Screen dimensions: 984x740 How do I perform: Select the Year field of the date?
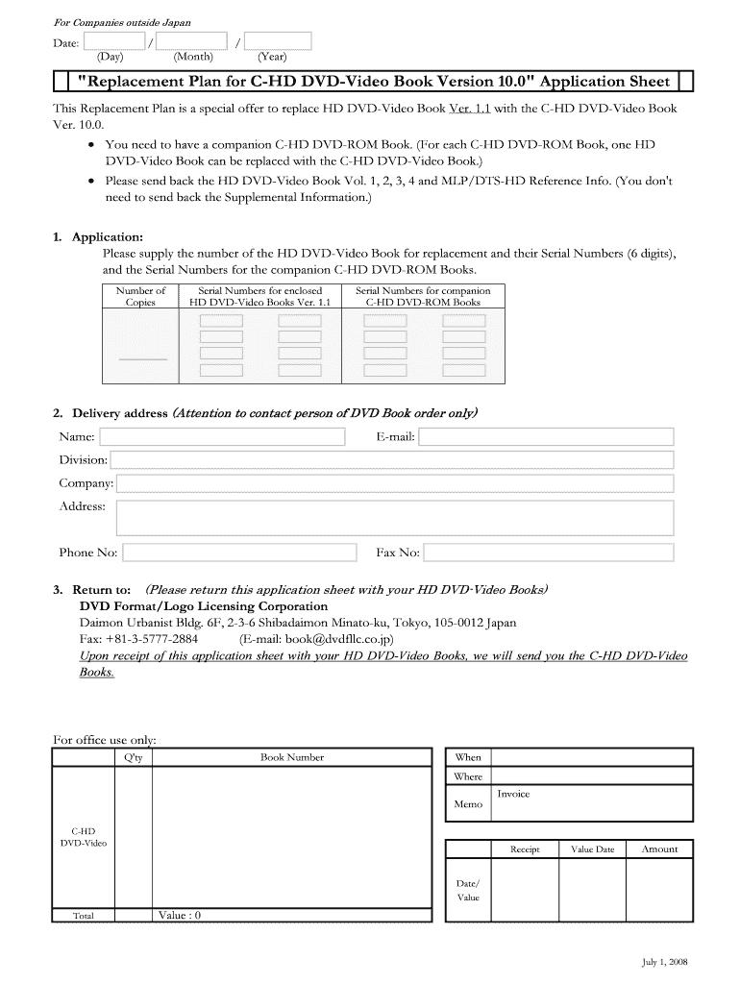278,41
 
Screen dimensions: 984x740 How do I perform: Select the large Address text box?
394,516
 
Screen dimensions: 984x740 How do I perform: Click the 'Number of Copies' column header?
140,296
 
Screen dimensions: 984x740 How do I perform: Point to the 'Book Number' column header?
292,757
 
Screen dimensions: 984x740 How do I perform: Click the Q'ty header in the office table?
134,757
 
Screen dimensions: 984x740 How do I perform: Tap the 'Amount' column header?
659,849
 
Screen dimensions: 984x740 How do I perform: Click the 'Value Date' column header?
592,849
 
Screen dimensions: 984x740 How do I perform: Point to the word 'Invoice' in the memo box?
513,794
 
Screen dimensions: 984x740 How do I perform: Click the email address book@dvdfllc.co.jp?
316,639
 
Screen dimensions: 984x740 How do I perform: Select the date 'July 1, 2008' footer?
665,962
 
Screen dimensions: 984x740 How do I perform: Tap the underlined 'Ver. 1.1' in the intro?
470,109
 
